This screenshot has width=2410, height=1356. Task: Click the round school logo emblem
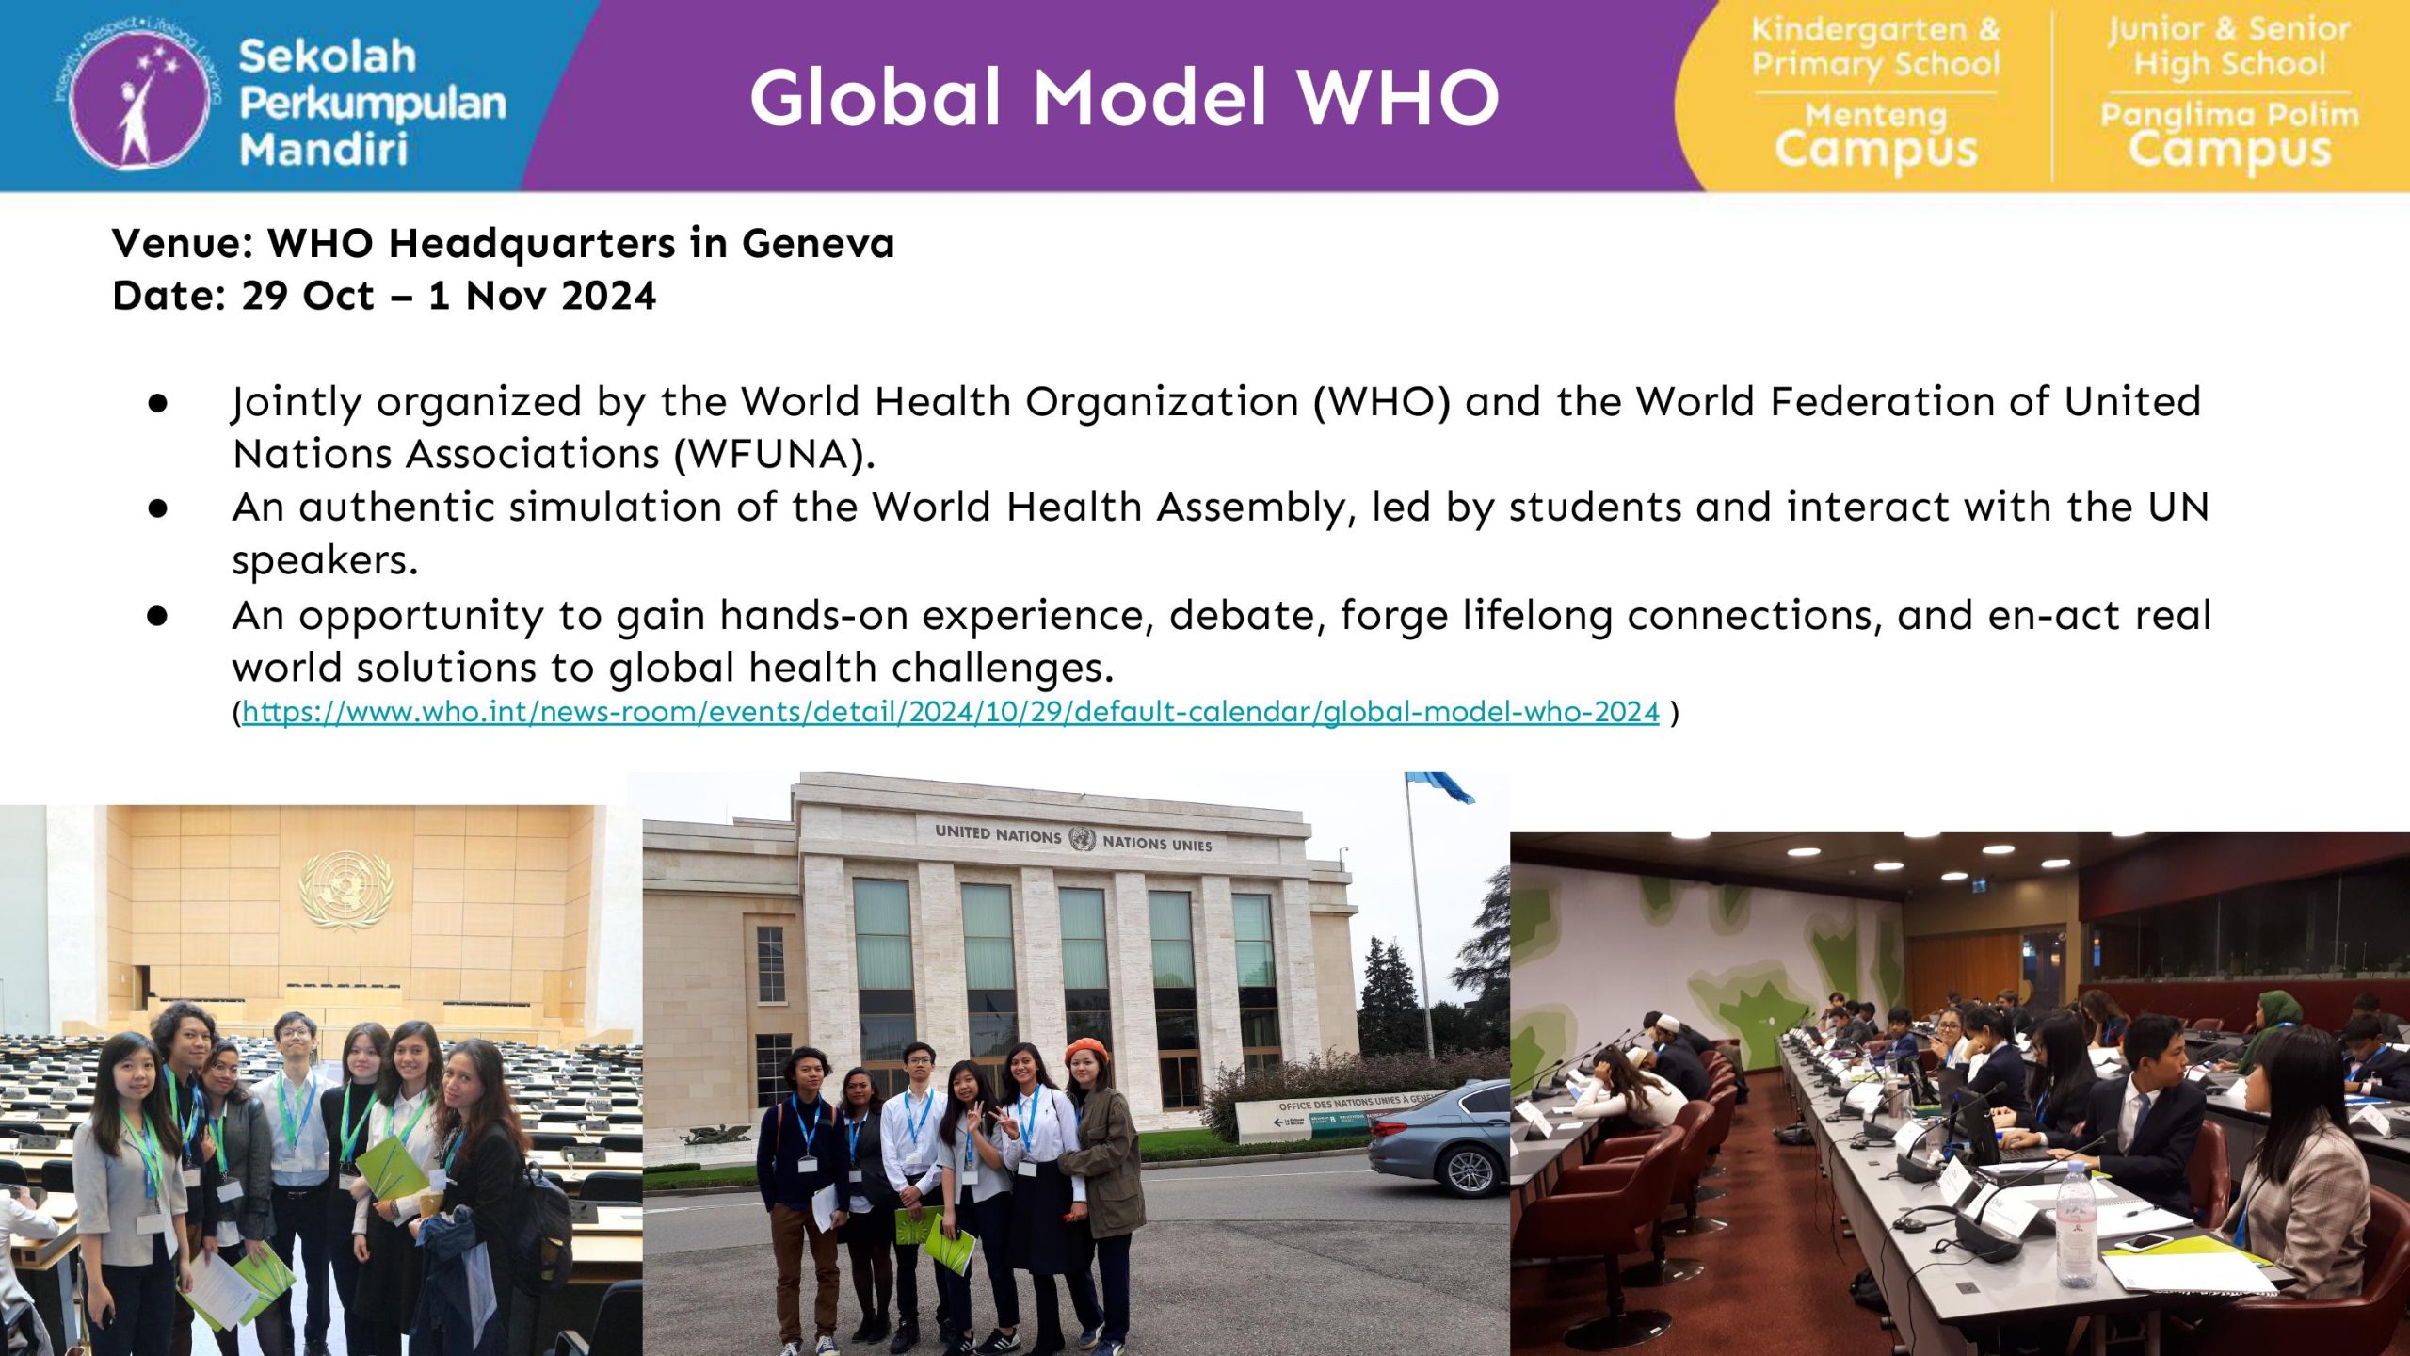coord(139,95)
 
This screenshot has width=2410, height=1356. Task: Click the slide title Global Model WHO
coord(1125,98)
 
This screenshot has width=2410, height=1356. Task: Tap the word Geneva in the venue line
coord(818,244)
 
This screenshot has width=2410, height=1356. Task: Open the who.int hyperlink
coord(951,712)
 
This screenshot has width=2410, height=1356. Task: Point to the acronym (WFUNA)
coord(775,455)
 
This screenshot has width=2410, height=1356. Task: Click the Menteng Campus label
coord(1876,137)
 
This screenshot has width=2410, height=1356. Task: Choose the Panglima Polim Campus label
coord(2229,137)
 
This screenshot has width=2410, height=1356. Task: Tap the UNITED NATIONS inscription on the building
coord(998,834)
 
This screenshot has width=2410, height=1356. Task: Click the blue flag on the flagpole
coord(1441,787)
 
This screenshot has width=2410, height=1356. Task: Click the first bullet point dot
coord(157,402)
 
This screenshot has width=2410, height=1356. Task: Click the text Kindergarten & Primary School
coord(1875,46)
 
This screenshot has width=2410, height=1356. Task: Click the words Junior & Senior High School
coord(2228,46)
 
